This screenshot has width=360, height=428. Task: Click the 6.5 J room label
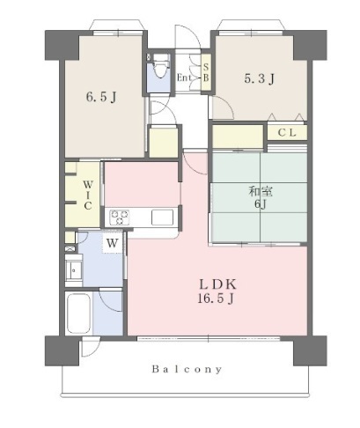pos(101,97)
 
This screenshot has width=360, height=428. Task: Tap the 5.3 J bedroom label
pos(260,78)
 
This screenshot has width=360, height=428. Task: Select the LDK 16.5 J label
pos(217,291)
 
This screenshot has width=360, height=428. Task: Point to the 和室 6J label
pos(261,197)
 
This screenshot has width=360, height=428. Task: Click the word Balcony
pos(187,369)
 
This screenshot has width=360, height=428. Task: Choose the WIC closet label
pos(87,196)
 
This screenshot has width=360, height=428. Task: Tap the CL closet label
pos(287,133)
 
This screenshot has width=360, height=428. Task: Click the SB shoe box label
pos(206,72)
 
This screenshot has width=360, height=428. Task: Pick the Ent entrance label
pos(184,77)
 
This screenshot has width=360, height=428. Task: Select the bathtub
pos(78,313)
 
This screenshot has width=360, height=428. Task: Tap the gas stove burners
pos(120,218)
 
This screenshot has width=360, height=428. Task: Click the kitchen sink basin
pos(162,218)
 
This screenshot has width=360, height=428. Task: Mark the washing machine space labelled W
pos(112,243)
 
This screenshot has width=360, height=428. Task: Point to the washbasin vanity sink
pos(74,270)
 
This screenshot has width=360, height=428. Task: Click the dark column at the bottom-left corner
pos(62,351)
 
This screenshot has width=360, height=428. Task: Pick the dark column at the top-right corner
pos(310,45)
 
